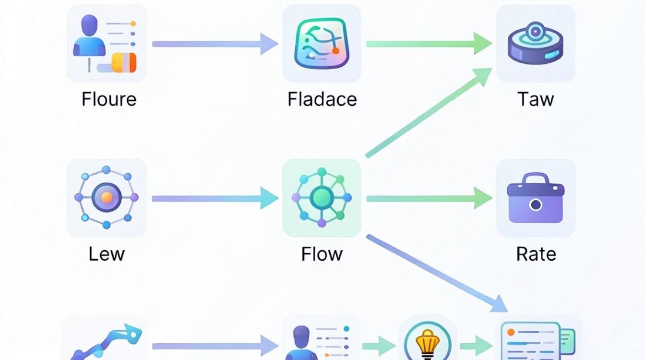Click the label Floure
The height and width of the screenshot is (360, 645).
(x=109, y=99)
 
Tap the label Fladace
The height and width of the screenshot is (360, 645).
(x=322, y=99)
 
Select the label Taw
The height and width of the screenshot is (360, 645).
(x=536, y=99)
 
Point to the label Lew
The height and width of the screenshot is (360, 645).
(x=107, y=254)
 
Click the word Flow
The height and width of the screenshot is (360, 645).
(x=322, y=254)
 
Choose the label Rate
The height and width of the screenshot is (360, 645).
(x=536, y=254)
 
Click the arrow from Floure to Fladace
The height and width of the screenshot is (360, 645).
(x=215, y=44)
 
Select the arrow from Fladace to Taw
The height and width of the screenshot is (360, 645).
(x=429, y=44)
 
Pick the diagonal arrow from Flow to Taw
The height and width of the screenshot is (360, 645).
(x=429, y=113)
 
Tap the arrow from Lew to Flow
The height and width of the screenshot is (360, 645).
(x=215, y=198)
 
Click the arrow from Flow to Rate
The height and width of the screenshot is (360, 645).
(x=429, y=198)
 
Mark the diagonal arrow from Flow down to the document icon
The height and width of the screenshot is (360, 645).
(x=437, y=273)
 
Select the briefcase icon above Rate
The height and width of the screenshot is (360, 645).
(x=536, y=198)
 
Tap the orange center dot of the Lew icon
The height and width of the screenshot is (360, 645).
(x=107, y=198)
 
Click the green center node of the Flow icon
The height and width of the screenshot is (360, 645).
(x=322, y=198)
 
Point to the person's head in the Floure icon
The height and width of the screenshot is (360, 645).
(x=89, y=26)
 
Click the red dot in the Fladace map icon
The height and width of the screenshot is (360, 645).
(x=335, y=51)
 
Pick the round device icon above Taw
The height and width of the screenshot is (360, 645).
(x=535, y=43)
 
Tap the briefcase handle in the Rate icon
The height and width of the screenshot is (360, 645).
(x=535, y=178)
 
